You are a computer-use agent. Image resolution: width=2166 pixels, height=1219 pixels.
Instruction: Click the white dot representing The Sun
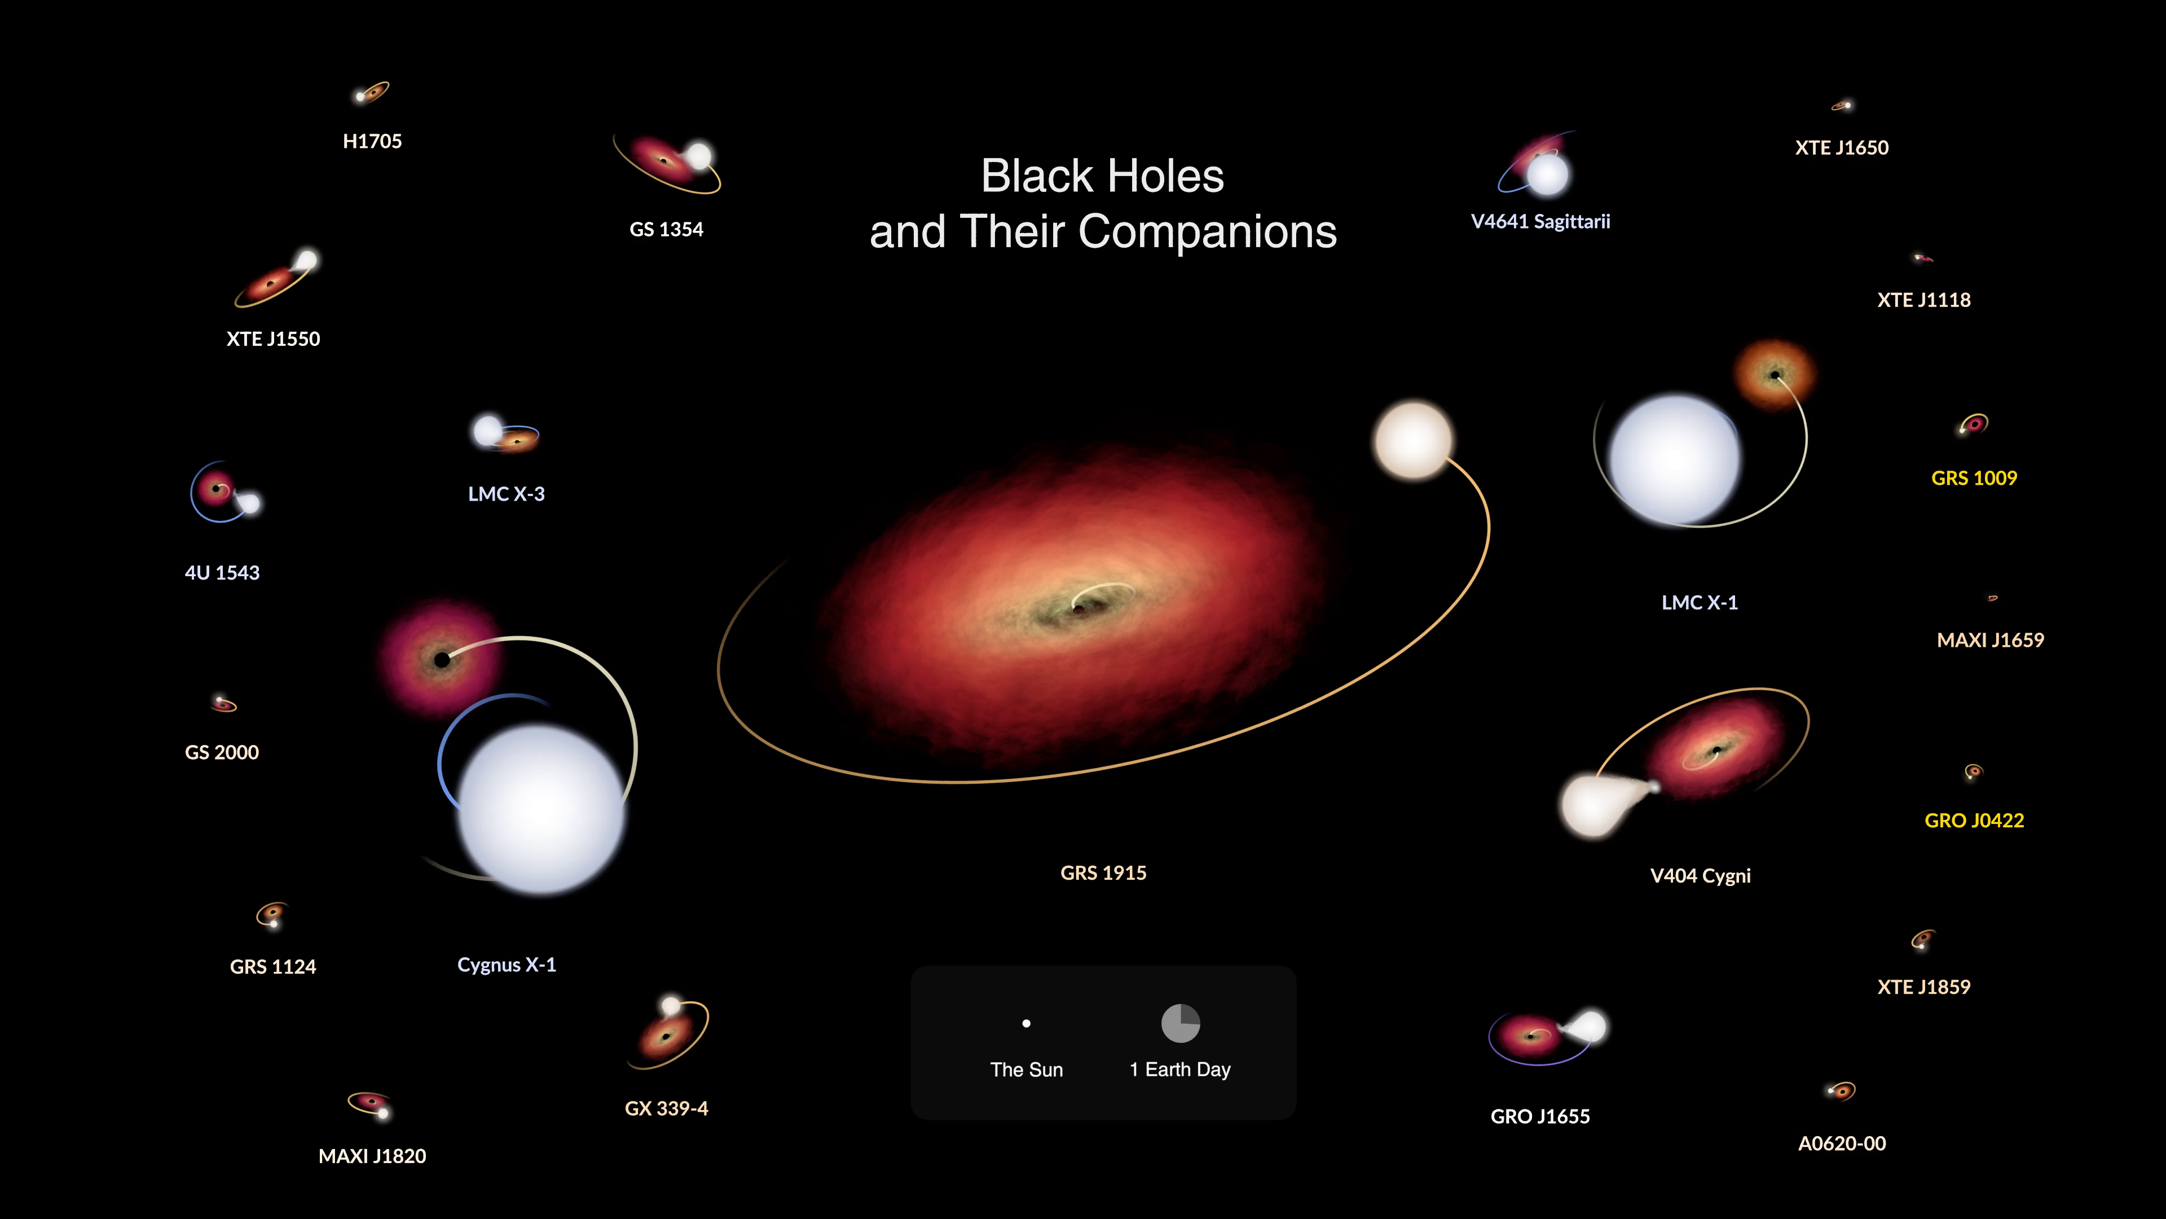[1026, 1024]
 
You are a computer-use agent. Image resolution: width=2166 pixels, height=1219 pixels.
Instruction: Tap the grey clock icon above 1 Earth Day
[1181, 1023]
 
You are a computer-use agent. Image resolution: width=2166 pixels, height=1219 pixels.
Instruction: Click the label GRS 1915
[1103, 873]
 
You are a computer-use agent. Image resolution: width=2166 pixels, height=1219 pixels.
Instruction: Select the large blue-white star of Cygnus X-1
[541, 809]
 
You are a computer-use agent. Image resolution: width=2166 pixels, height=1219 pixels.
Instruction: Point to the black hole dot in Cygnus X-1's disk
[442, 660]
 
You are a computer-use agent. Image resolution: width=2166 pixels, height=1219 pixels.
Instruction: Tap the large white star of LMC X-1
[1674, 459]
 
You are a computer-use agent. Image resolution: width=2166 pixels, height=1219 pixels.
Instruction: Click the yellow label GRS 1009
[1974, 479]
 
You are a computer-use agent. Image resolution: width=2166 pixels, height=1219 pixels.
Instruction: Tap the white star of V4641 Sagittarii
[1547, 174]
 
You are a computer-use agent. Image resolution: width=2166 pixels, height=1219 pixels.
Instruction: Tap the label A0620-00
[1842, 1144]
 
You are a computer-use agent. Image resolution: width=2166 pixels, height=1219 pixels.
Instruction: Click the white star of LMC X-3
[488, 431]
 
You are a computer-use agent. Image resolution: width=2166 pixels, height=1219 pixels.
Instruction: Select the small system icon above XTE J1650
[1842, 105]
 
